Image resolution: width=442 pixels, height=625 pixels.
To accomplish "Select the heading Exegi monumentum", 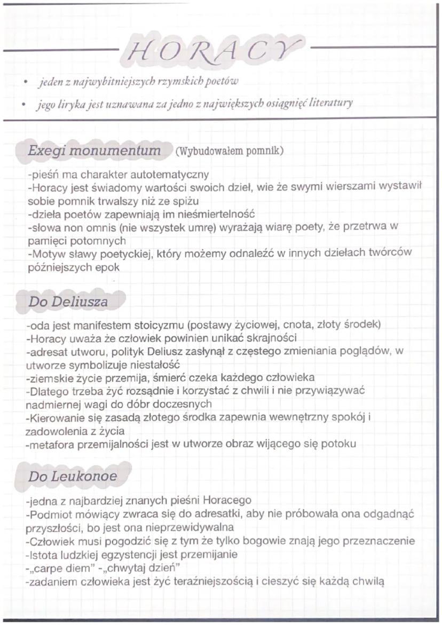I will [94, 151].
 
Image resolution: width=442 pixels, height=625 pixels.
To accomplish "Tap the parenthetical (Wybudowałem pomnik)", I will [228, 151].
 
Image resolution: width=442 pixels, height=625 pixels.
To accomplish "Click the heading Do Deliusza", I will [68, 302].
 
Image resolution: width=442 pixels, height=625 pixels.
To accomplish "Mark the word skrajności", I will [269, 338].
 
